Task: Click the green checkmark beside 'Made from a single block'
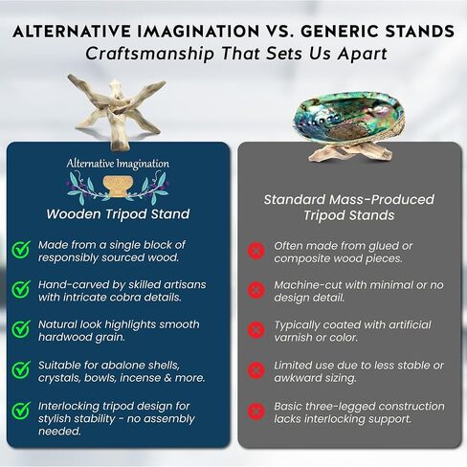point(20,251)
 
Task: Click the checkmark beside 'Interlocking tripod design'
point(20,411)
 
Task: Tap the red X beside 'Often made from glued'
point(256,251)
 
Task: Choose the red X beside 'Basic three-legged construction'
point(256,411)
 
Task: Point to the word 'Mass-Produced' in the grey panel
point(386,199)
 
